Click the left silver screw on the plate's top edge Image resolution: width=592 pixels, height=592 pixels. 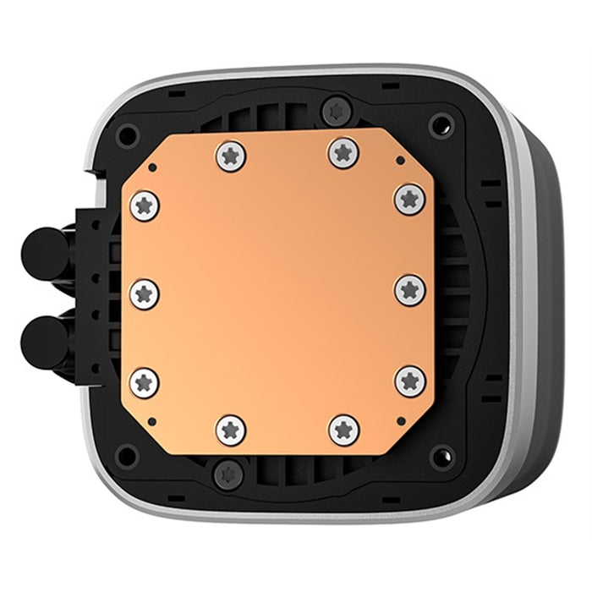230,155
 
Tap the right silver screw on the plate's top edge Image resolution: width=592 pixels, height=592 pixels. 343,152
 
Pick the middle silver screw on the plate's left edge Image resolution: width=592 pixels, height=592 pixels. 145,293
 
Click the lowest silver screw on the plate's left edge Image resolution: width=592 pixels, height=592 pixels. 145,382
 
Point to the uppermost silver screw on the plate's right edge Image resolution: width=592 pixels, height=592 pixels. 410,200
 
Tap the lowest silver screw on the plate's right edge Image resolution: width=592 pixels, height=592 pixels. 410,381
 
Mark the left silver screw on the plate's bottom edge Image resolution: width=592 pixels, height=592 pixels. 231,430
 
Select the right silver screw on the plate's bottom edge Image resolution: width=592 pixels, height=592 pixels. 343,430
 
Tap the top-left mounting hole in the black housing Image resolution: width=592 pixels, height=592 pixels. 128,134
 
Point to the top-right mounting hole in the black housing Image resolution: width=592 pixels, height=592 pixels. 441,126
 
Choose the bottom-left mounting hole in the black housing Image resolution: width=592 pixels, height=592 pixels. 127,458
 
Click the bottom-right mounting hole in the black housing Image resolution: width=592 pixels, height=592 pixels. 441,458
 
